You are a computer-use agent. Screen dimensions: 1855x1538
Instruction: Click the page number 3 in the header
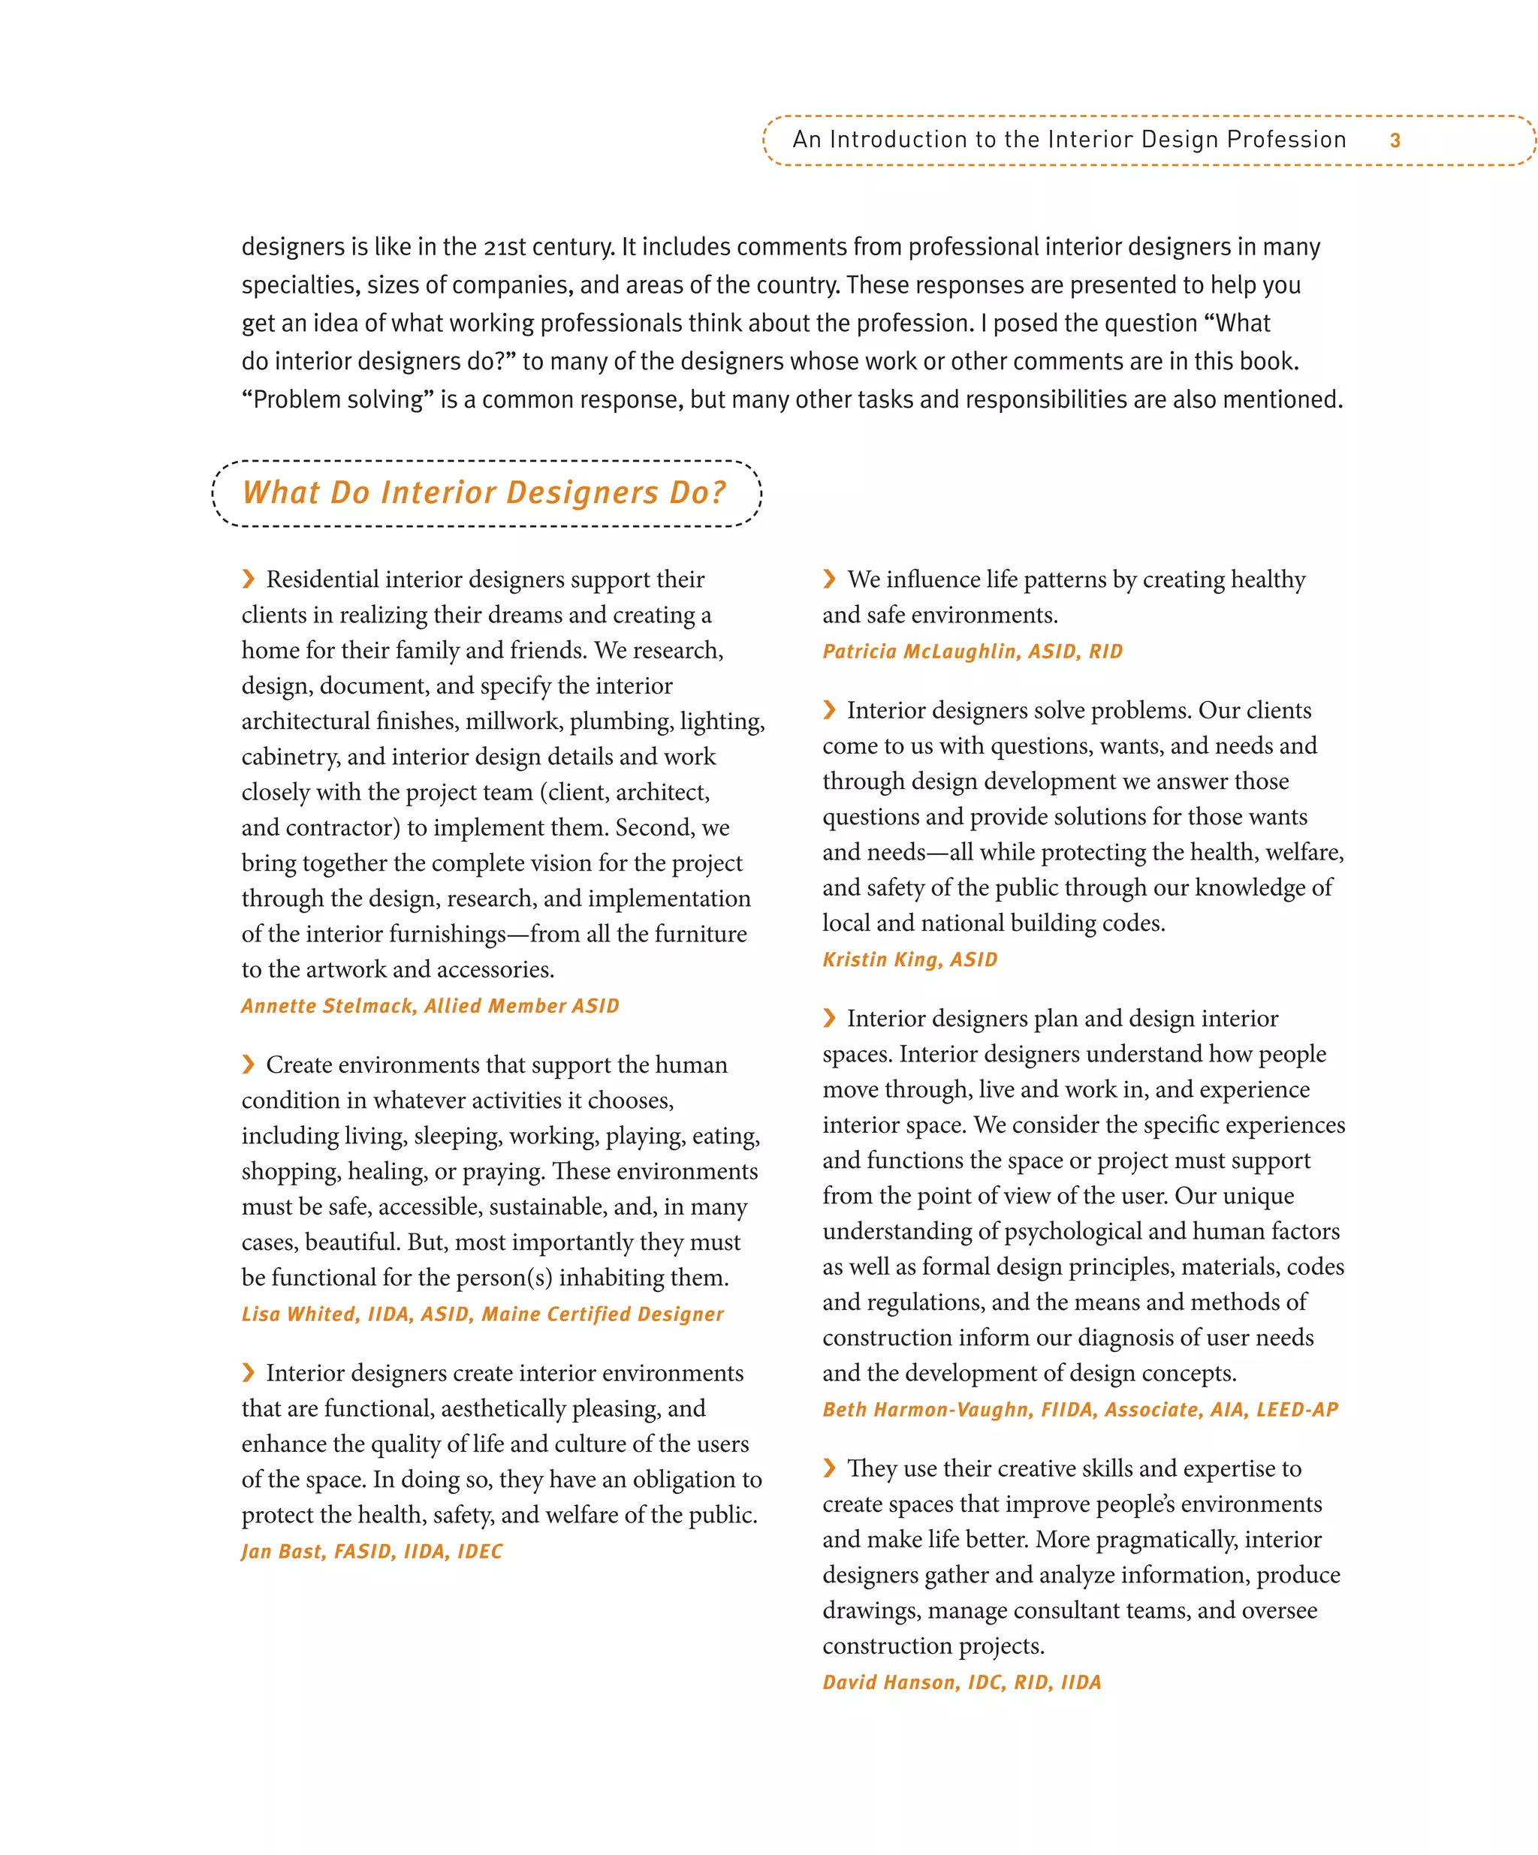pyautogui.click(x=1394, y=140)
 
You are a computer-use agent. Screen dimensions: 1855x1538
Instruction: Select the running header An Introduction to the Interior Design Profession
pyautogui.click(x=1069, y=140)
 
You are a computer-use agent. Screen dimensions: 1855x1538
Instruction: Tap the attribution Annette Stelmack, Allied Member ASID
pyautogui.click(x=430, y=1005)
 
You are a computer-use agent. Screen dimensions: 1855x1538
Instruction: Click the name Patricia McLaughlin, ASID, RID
pyautogui.click(x=972, y=651)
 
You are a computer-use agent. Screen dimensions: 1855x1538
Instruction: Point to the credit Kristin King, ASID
pyautogui.click(x=909, y=959)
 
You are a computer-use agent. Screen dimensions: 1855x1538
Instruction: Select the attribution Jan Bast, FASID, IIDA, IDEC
pyautogui.click(x=372, y=1551)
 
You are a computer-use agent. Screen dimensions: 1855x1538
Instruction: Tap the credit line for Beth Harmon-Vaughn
pyautogui.click(x=1079, y=1409)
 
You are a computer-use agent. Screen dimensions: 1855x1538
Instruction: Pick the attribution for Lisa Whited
pyautogui.click(x=482, y=1314)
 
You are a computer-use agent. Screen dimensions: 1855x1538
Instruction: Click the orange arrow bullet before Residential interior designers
pyautogui.click(x=249, y=579)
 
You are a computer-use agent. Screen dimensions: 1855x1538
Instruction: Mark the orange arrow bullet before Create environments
pyautogui.click(x=249, y=1065)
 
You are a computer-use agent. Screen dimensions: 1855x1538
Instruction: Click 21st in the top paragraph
pyautogui.click(x=505, y=247)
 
